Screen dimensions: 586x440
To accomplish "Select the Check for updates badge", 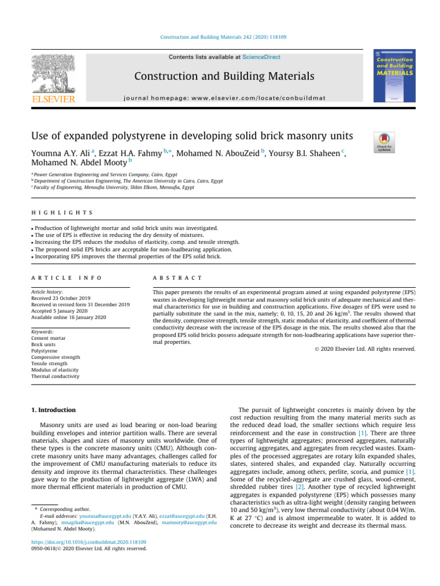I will pyautogui.click(x=384, y=142).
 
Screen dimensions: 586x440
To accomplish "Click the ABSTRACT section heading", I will pyautogui.click(x=177, y=278).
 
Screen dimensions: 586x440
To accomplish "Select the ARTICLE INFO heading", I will pyautogui.click(x=66, y=278).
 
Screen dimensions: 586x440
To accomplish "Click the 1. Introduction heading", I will pyautogui.click(x=51, y=410).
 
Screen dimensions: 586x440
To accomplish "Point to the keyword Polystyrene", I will pyautogui.click(x=45, y=351).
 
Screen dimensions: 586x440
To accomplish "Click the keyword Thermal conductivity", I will pyautogui.click(x=56, y=377).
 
